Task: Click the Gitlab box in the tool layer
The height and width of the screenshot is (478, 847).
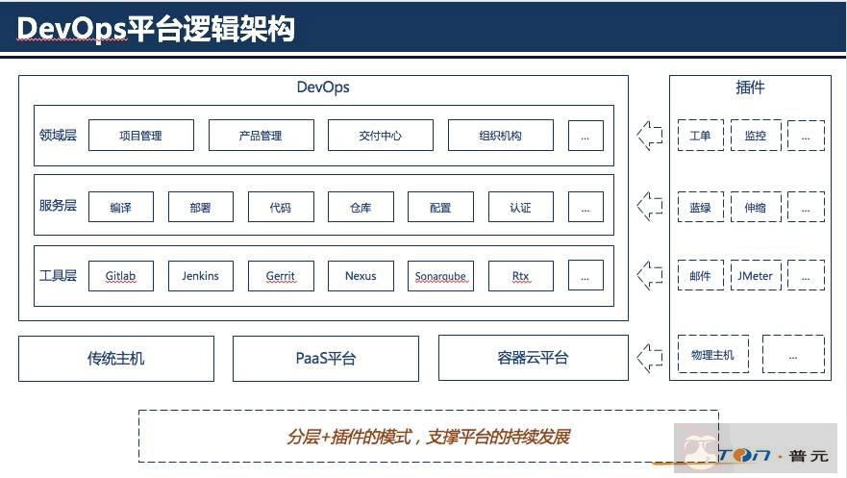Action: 120,276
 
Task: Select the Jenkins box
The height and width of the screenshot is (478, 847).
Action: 200,276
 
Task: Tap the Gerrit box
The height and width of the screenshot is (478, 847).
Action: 281,276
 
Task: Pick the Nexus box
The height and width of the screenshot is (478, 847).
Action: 361,276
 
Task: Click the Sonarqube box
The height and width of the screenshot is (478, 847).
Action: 440,276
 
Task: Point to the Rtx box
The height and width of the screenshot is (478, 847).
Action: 520,276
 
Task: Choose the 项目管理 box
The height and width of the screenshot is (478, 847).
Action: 140,136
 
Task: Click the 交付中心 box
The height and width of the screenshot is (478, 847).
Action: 380,136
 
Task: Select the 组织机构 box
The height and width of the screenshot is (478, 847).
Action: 500,136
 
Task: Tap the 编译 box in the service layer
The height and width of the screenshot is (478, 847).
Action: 120,207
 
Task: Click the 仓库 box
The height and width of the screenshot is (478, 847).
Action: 361,207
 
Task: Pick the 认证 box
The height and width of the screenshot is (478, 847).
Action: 520,207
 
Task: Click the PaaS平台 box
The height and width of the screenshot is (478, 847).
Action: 325,359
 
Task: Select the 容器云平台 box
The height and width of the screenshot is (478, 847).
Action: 533,358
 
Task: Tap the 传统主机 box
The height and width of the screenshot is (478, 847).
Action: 116,359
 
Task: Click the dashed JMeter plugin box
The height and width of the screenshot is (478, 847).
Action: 755,276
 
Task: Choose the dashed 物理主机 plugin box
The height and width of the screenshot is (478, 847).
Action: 712,355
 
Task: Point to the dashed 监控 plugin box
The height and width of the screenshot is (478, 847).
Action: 755,136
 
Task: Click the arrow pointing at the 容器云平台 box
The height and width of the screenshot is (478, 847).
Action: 650,358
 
